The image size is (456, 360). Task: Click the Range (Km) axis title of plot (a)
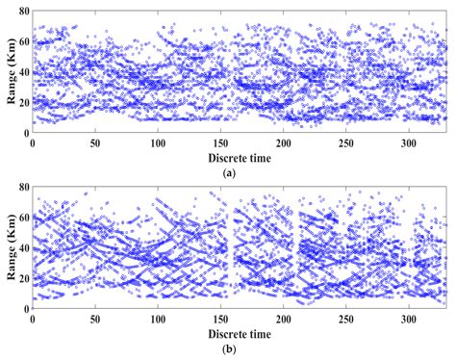coord(9,71)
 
